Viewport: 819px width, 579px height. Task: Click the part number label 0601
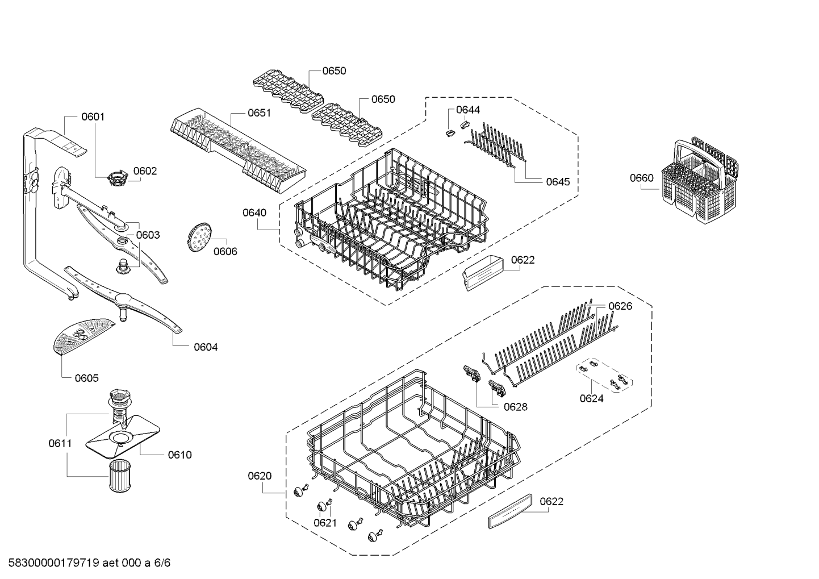(x=93, y=116)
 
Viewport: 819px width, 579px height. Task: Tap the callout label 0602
(x=145, y=171)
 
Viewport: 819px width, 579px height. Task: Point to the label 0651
(x=259, y=113)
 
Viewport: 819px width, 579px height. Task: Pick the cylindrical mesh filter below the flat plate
(x=118, y=475)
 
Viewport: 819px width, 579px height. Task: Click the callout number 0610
(x=179, y=455)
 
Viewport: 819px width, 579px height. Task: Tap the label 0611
(x=60, y=443)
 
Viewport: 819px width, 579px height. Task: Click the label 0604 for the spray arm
(x=206, y=347)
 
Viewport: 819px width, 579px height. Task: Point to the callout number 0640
(x=254, y=213)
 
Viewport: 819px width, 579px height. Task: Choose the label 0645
(x=558, y=182)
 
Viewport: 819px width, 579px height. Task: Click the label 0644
(x=468, y=110)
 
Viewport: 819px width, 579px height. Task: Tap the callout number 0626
(x=620, y=306)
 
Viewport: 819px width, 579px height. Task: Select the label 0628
(x=516, y=407)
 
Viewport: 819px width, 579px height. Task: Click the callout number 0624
(x=592, y=398)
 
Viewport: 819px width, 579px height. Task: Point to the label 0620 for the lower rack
(x=260, y=476)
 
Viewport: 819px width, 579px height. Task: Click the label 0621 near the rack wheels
(x=325, y=523)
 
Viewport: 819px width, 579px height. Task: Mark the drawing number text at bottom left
(x=90, y=563)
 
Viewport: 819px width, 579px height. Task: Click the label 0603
(x=148, y=235)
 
